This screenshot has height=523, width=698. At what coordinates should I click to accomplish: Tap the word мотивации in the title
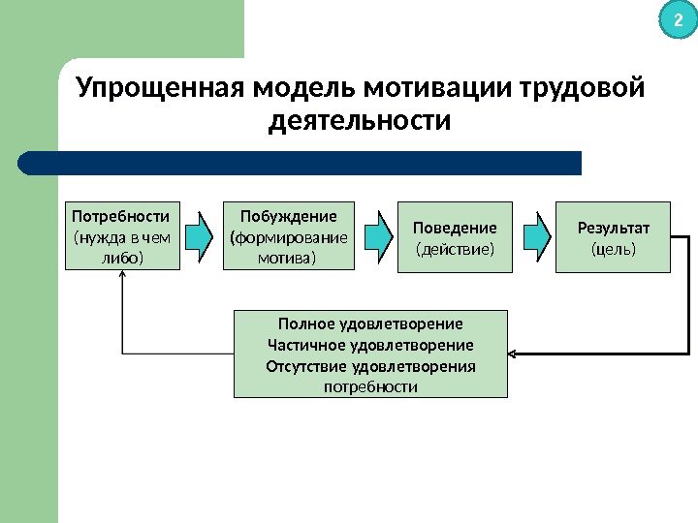coord(438,89)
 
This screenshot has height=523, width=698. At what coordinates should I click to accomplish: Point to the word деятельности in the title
coord(360,123)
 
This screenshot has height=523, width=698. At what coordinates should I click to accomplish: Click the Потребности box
coord(122,235)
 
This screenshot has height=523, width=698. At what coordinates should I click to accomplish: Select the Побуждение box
coord(288,235)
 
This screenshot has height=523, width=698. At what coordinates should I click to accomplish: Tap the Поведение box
coord(455,237)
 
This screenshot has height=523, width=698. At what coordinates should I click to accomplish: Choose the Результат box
coord(613,237)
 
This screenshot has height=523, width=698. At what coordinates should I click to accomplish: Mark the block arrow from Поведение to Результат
coord(533,236)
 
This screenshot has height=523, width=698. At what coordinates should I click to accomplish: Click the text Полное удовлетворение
coord(370,323)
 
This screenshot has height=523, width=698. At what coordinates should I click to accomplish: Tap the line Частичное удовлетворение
coord(370,345)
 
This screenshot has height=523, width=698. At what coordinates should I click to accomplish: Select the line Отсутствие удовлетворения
coord(370,366)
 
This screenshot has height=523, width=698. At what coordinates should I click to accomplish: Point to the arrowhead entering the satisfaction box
coord(514,354)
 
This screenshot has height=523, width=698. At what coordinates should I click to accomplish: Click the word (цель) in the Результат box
coord(614,249)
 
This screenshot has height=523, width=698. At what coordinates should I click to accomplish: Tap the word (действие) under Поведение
coord(455,249)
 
